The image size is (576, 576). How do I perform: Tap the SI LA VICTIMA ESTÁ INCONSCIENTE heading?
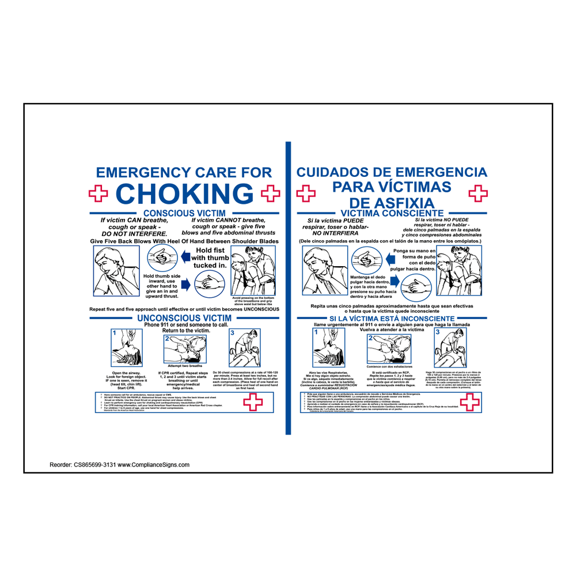pyautogui.click(x=392, y=319)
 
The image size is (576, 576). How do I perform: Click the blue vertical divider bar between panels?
pyautogui.click(x=287, y=288)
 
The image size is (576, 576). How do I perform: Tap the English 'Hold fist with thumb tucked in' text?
pyautogui.click(x=210, y=258)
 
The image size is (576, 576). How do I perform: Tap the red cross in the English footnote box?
pyautogui.click(x=254, y=403)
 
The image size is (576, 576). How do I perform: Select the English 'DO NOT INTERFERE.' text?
pyautogui.click(x=134, y=234)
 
